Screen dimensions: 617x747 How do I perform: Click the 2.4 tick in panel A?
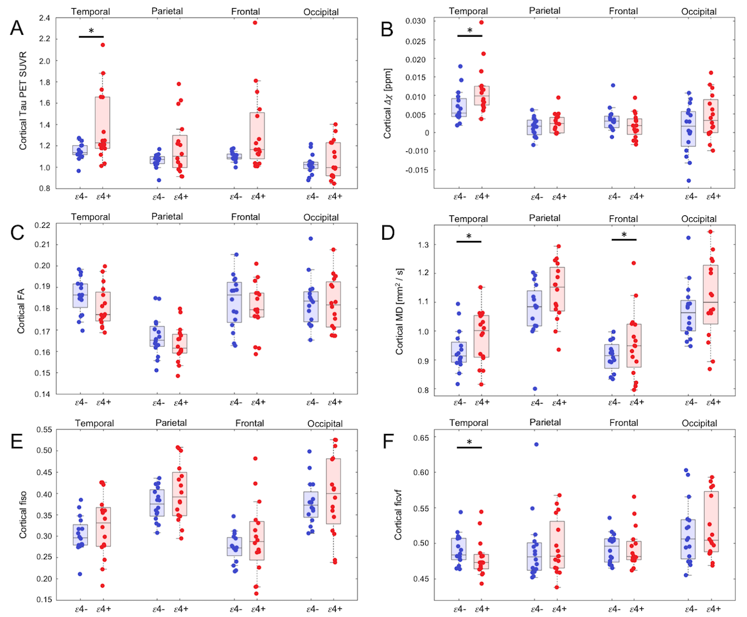pyautogui.click(x=44, y=18)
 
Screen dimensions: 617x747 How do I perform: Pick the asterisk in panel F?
pyautogui.click(x=469, y=443)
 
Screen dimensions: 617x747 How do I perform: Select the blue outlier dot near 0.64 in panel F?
pyautogui.click(x=536, y=445)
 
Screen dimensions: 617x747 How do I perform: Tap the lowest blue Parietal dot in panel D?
pyautogui.click(x=535, y=389)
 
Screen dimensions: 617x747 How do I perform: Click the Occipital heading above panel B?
pyautogui.click(x=698, y=11)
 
